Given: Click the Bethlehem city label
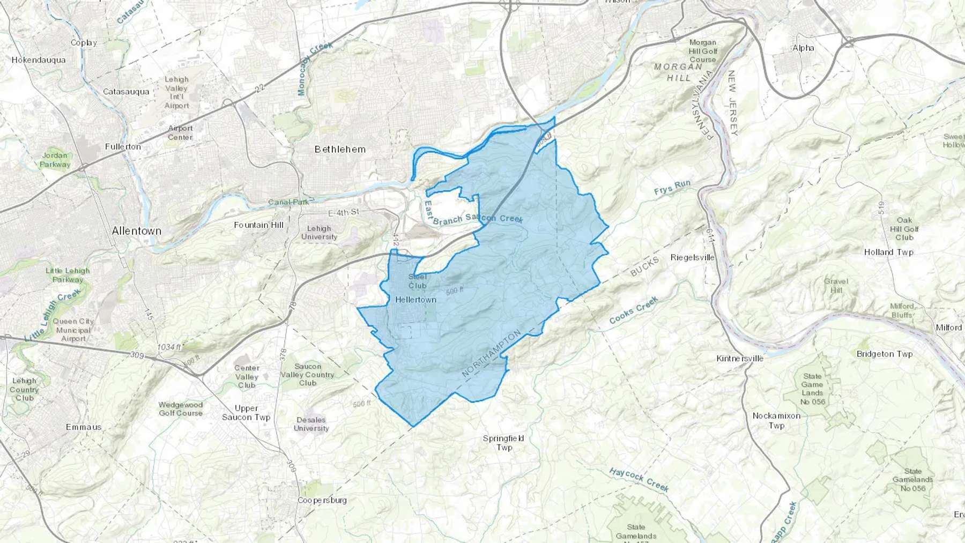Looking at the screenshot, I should coord(340,150).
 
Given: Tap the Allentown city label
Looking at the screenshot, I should coord(136,231).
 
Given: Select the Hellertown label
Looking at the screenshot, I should coord(415,300).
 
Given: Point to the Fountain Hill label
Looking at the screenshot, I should coord(258,225).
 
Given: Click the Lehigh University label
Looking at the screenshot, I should coord(319,233).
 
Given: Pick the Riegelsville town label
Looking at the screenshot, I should coord(692,258).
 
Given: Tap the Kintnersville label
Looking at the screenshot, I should coord(740,358).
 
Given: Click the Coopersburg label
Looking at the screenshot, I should coord(322,500).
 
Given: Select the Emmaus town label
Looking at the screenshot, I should coord(84,427).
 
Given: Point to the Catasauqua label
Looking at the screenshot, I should coord(126,92).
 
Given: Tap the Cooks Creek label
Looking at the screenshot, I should coord(633,310).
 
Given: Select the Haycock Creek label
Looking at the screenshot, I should coord(639,479).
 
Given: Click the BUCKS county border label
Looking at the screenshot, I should coord(644,267).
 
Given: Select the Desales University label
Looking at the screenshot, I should coord(311,424).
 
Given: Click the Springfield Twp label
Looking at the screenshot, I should coord(503,443).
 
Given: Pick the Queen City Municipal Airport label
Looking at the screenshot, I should coord(73,330).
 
